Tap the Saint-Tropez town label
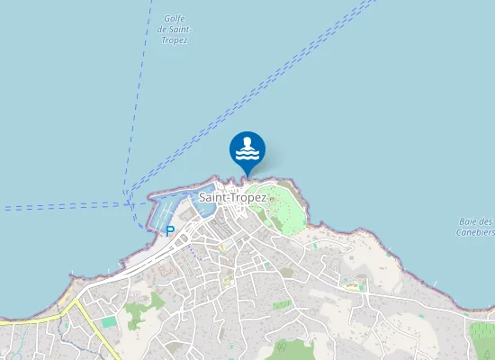pyautogui.click(x=232, y=197)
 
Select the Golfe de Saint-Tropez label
pyautogui.click(x=172, y=30)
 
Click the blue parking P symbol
pyautogui.click(x=169, y=231)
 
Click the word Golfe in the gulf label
pyautogui.click(x=175, y=19)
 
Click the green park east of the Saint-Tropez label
pyautogui.click(x=290, y=211)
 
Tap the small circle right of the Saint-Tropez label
pyautogui.click(x=271, y=199)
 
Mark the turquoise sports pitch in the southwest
pyautogui.click(x=109, y=321)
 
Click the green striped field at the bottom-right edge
pyautogui.click(x=483, y=337)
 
